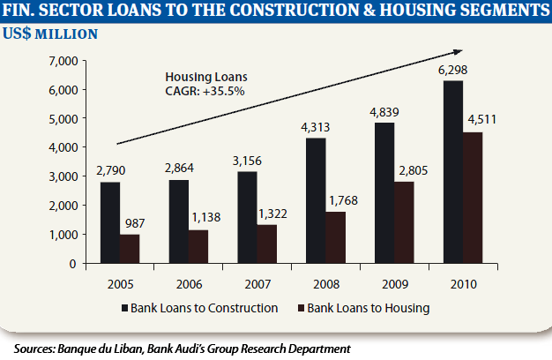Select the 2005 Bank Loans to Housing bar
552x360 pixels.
130,249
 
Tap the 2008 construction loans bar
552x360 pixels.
316,200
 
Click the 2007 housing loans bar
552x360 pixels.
267,244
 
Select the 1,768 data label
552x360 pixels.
337,203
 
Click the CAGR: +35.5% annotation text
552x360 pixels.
205,90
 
